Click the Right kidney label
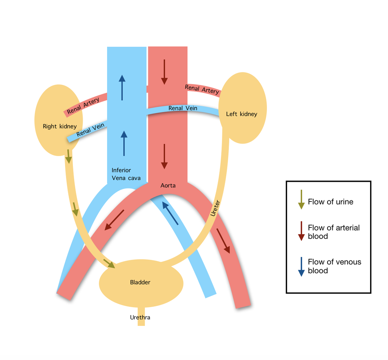coord(60,126)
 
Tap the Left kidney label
coord(241,114)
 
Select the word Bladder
coord(140,282)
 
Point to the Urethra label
coord(140,317)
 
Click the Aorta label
coord(168,186)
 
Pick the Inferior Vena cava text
coord(126,174)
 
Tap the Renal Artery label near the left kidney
coord(202,89)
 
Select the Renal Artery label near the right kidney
coord(83,106)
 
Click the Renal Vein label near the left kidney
coord(183,108)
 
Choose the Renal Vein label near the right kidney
coord(89,131)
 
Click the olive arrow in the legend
coord(301,200)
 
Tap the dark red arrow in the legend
coord(301,231)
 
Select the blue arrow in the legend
coord(301,266)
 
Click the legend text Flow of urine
coord(331,202)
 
